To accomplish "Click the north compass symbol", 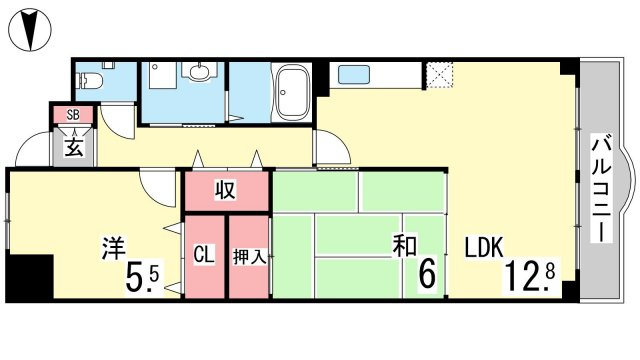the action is [x=31, y=30].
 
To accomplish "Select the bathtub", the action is [x=291, y=93].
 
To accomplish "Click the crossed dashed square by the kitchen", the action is [x=439, y=75].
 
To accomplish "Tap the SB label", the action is [x=73, y=115].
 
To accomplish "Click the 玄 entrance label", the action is [x=74, y=148].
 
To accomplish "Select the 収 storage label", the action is [x=225, y=190].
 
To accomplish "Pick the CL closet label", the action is [x=204, y=255].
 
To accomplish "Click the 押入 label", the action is [x=249, y=257].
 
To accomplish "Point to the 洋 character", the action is [x=113, y=247].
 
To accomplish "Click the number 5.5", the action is [x=142, y=277].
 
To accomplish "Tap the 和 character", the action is [x=404, y=246].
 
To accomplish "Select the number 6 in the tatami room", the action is [x=428, y=273].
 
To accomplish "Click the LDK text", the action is [x=484, y=247].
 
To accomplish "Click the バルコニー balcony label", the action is [x=602, y=190].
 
